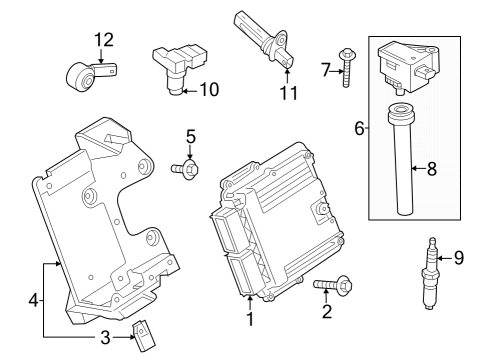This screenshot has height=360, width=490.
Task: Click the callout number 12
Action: (104, 40)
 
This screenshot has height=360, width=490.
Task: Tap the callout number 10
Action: (208, 89)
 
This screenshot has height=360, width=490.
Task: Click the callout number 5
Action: (190, 135)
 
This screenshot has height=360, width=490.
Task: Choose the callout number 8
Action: (432, 169)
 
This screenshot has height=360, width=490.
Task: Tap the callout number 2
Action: (326, 311)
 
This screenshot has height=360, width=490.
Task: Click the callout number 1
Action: (250, 321)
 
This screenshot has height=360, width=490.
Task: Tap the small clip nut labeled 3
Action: (146, 330)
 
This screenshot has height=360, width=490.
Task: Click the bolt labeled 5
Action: (187, 170)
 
